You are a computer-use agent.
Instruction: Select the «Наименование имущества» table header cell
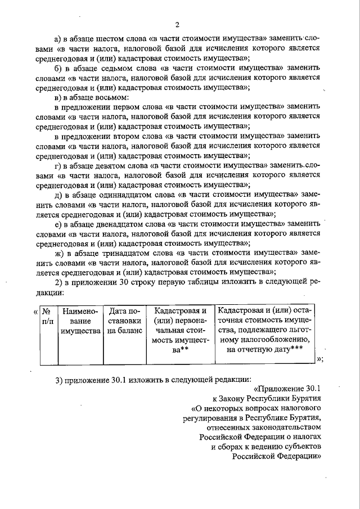(80, 321)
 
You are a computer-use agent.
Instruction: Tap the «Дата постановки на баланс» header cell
(124, 321)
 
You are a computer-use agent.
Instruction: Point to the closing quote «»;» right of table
(321, 359)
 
